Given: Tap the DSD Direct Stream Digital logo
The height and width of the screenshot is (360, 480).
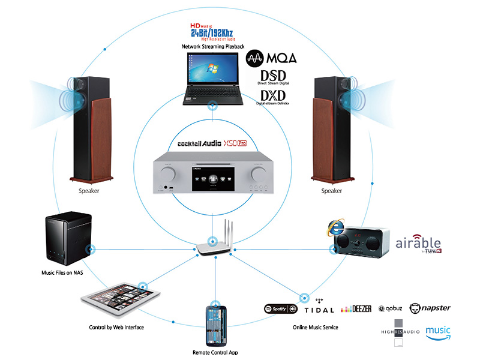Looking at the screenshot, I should [271, 78].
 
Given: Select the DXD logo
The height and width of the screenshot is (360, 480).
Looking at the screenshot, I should [274, 97].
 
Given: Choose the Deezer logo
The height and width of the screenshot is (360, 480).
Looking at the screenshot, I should [356, 309].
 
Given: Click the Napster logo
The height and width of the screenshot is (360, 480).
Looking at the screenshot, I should [430, 308].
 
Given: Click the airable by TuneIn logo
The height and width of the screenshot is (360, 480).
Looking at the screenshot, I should [418, 244].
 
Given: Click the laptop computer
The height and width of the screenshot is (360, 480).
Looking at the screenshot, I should [211, 77].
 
